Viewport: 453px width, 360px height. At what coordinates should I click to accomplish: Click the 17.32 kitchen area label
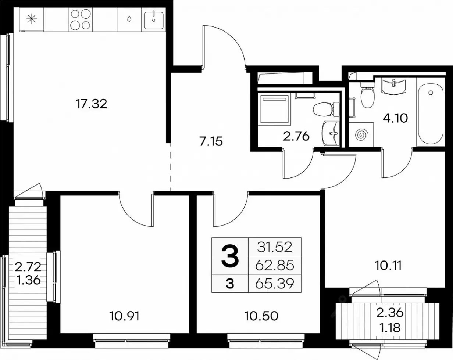pyautogui.click(x=91, y=104)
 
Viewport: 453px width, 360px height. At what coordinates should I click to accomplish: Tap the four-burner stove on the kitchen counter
pyautogui.click(x=81, y=20)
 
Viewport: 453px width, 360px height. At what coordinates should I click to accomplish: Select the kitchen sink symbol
pyautogui.click(x=154, y=20)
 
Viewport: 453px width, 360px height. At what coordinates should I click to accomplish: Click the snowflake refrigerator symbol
pyautogui.click(x=32, y=19)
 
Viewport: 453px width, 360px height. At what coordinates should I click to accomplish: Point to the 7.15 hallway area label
pyautogui.click(x=211, y=141)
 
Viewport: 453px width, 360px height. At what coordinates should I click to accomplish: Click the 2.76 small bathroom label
pyautogui.click(x=296, y=137)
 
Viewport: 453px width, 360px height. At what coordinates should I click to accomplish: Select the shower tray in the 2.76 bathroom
pyautogui.click(x=274, y=109)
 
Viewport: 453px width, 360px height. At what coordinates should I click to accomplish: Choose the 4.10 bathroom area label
pyautogui.click(x=395, y=118)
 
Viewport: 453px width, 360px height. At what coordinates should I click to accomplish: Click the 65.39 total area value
pyautogui.click(x=275, y=284)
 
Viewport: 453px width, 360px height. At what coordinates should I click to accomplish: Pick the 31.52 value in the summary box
pyautogui.click(x=275, y=247)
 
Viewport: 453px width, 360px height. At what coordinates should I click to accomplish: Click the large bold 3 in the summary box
pyautogui.click(x=230, y=256)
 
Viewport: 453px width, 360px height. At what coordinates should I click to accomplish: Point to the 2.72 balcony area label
pyautogui.click(x=28, y=267)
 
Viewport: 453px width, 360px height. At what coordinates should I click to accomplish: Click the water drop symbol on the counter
pyautogui.click(x=129, y=19)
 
